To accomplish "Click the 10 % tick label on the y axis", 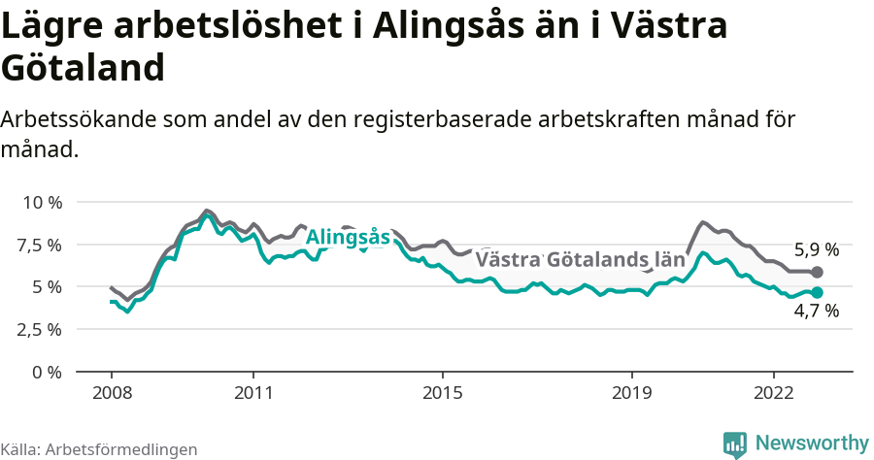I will point(41,203).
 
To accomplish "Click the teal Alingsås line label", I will point(348,238).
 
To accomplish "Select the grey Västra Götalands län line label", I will point(580,260).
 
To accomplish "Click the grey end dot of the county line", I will point(817,273).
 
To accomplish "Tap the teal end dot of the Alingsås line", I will point(817,292).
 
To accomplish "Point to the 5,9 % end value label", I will point(816,249).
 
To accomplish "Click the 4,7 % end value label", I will point(816,312).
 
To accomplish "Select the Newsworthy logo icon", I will point(735,444).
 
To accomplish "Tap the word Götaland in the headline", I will point(83,68).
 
